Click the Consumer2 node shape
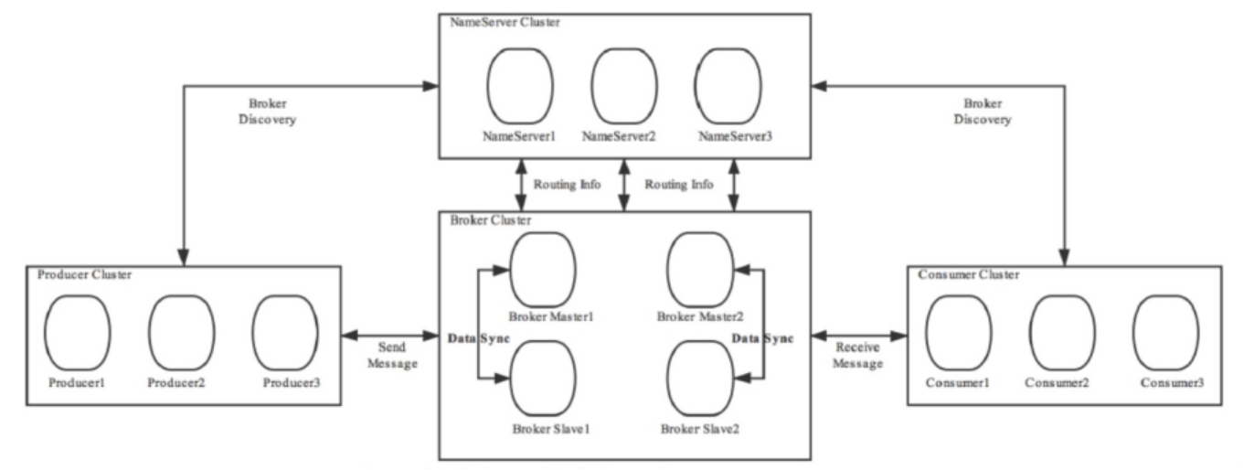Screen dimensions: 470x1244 (1062, 333)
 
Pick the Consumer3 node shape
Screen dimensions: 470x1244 (1166, 333)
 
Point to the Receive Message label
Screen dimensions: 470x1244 (858, 356)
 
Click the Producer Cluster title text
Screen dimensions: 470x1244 (85, 274)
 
